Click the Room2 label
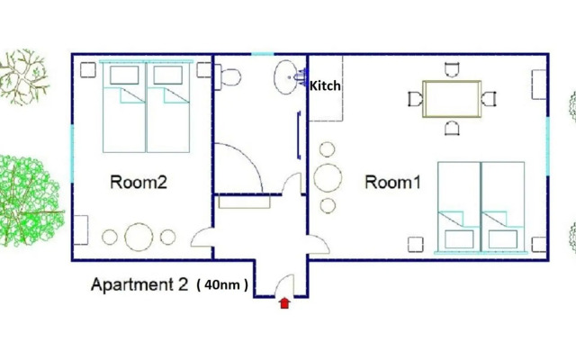click(139, 182)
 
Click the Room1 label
click(392, 182)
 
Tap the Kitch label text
click(325, 87)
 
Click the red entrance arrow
click(284, 303)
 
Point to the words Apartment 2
click(139, 285)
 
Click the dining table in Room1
click(452, 99)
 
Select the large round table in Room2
click(139, 237)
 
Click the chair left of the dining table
click(415, 99)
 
